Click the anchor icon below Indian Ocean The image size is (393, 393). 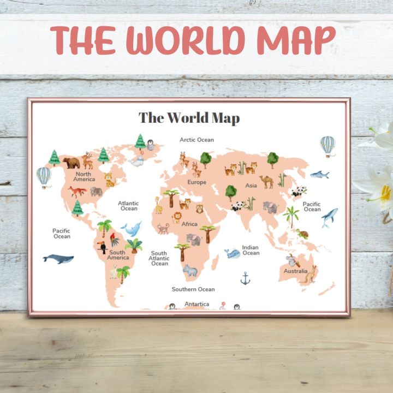pyautogui.click(x=246, y=279)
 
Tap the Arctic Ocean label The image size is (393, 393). pyautogui.click(x=197, y=140)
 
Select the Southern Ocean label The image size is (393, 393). pyautogui.click(x=193, y=289)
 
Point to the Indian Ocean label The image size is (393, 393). pyautogui.click(x=251, y=250)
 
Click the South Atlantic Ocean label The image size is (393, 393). pyautogui.click(x=159, y=258)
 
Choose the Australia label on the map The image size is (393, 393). pyautogui.click(x=295, y=271)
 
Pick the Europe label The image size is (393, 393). pyautogui.click(x=197, y=182)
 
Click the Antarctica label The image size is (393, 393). pyautogui.click(x=196, y=303)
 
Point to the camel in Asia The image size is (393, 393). pyautogui.click(x=267, y=181)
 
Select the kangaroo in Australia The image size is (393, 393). pyautogui.click(x=310, y=276)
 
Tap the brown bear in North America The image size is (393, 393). pyautogui.click(x=71, y=162)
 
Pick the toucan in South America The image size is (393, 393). pyautogui.click(x=102, y=246)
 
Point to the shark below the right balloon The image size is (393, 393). pyautogui.click(x=319, y=175)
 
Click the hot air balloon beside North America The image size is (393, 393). pyautogui.click(x=44, y=176)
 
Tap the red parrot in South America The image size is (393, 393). pyautogui.click(x=113, y=239)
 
